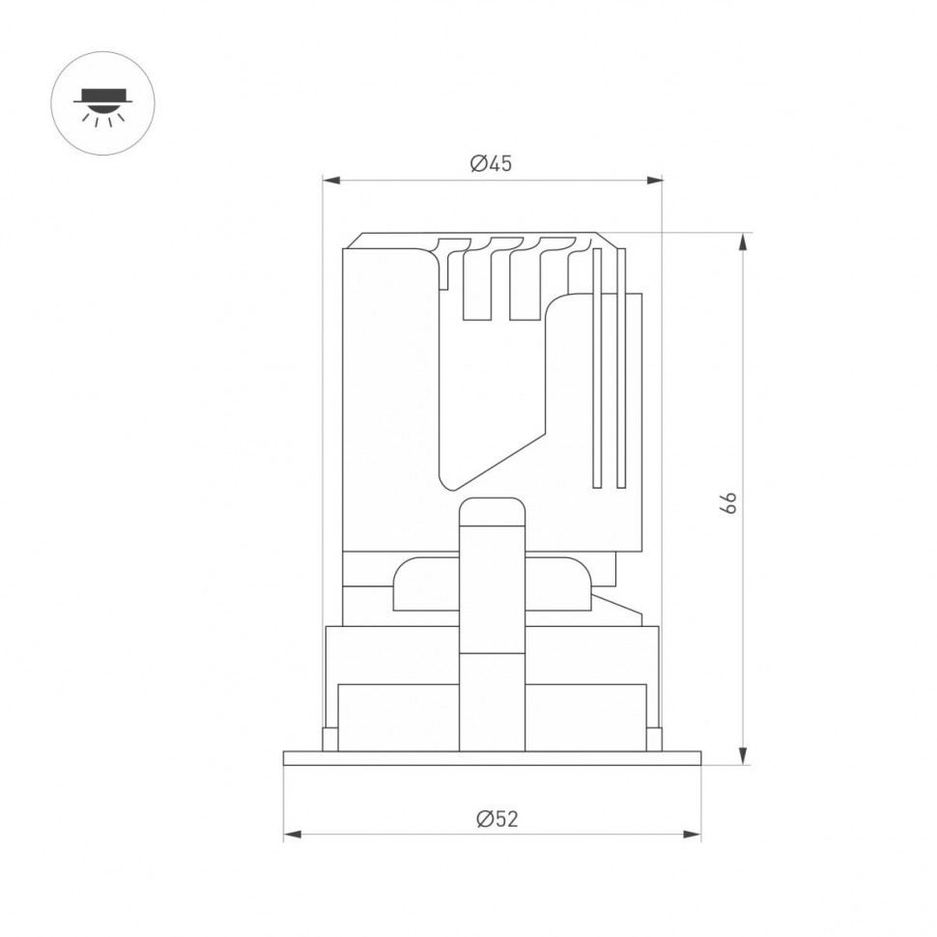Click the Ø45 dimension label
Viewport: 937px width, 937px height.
[x=491, y=163]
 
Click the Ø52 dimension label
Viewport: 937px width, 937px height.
[x=497, y=818]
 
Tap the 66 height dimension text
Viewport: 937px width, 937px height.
[x=729, y=501]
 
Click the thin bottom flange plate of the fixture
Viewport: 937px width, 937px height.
[x=492, y=758]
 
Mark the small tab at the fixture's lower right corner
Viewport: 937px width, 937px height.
[x=654, y=738]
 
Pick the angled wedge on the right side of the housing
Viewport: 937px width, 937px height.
[x=618, y=609]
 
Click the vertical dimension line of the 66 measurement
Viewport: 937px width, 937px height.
[x=742, y=386]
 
